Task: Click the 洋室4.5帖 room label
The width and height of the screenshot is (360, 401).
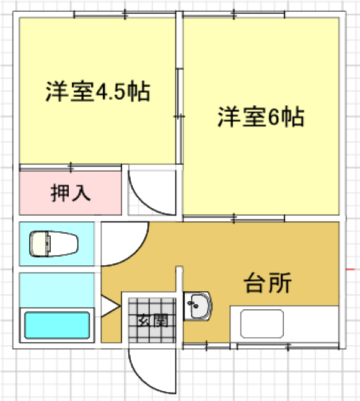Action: (x=98, y=91)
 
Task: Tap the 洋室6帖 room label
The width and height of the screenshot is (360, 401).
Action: (x=261, y=117)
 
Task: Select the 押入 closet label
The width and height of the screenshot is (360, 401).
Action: (x=70, y=193)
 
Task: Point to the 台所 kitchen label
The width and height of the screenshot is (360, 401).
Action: (x=268, y=283)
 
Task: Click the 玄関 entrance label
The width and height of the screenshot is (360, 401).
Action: (x=152, y=320)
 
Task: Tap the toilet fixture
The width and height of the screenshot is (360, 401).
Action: (x=54, y=244)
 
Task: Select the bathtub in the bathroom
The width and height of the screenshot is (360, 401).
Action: (x=57, y=325)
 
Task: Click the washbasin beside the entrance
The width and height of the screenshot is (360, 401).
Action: (x=198, y=306)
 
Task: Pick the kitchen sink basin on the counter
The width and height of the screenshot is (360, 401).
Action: (x=262, y=324)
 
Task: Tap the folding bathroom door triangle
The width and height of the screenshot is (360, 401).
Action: (x=110, y=306)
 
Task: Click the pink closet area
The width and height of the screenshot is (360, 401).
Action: (x=70, y=193)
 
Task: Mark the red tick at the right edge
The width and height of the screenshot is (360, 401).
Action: (x=350, y=269)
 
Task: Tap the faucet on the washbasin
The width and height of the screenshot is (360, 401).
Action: (x=193, y=304)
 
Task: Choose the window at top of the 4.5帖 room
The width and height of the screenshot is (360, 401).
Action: (x=125, y=15)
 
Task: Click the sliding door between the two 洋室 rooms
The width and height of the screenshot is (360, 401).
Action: (x=180, y=117)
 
